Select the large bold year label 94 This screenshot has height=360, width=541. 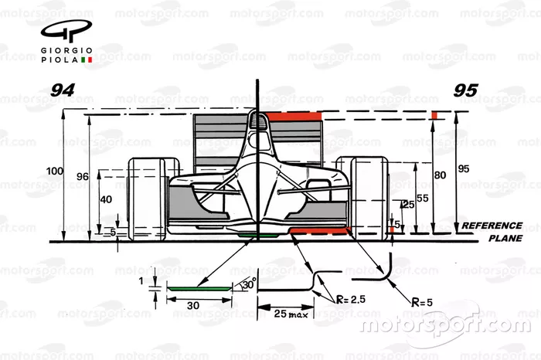[x=62, y=90]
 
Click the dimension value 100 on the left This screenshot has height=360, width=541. [x=53, y=170]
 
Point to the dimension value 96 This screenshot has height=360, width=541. [x=82, y=176]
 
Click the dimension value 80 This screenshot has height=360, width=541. [x=440, y=175]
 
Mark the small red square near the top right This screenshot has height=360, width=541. [x=434, y=115]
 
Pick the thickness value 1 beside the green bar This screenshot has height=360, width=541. [x=141, y=281]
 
